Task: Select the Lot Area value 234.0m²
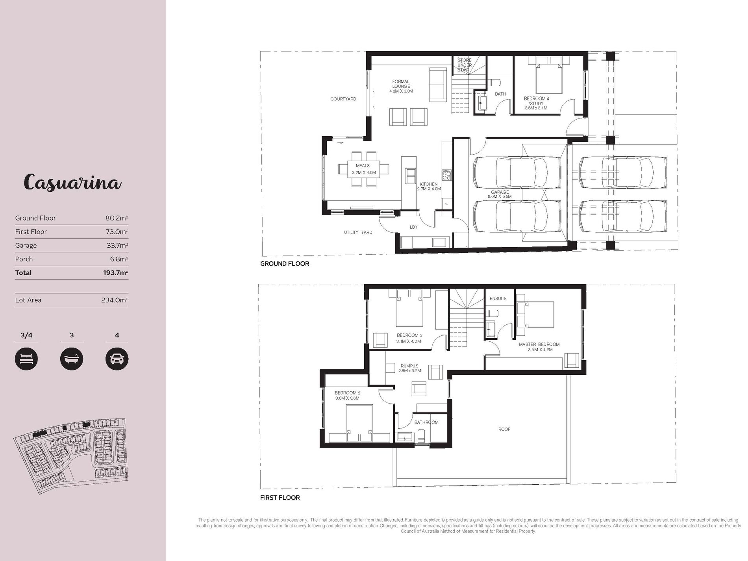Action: click(115, 300)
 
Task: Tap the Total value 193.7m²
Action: click(116, 273)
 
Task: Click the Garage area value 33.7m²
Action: click(117, 245)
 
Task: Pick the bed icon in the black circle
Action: click(26, 359)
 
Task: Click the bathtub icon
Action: click(72, 359)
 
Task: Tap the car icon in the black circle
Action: click(117, 359)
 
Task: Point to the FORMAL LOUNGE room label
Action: click(401, 86)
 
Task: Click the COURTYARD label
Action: click(343, 99)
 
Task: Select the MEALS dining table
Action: click(363, 169)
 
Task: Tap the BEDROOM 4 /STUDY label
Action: click(536, 103)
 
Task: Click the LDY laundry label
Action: click(413, 227)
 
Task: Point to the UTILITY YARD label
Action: click(358, 233)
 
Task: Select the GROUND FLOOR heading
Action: click(285, 264)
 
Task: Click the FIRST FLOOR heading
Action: click(280, 498)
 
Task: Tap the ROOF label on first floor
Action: click(504, 429)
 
